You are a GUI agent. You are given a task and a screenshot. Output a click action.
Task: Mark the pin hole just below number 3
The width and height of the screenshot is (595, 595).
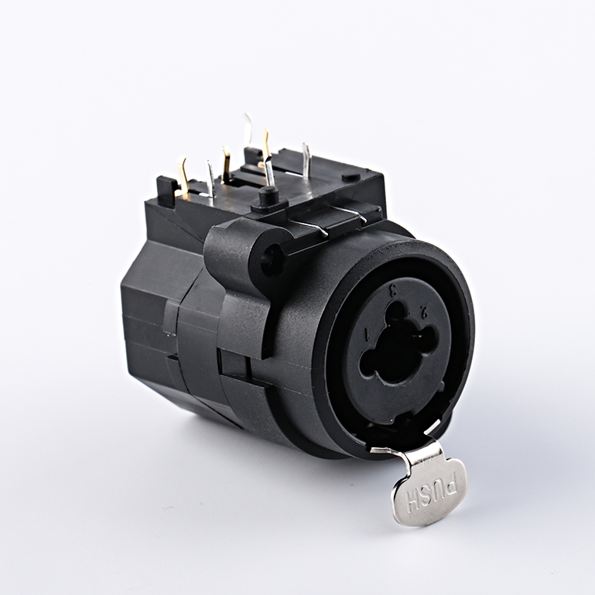tap(397, 311)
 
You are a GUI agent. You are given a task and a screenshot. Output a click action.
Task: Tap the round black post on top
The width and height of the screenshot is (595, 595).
tap(268, 196)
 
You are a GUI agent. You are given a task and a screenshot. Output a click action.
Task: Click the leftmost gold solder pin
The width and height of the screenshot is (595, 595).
tap(183, 174)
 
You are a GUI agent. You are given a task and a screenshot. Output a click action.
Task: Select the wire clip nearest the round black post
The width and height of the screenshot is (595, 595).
tap(310, 226)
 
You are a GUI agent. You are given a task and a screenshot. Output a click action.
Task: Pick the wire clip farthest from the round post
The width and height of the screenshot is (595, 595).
tap(353, 213)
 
